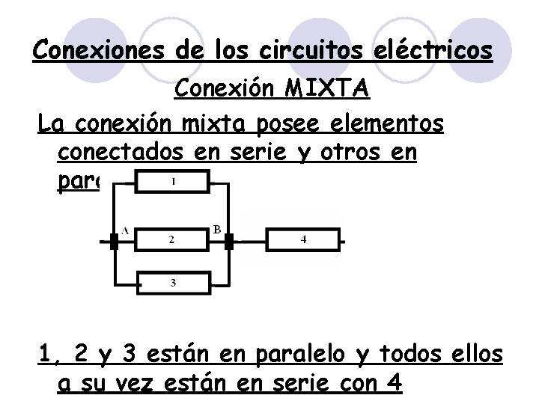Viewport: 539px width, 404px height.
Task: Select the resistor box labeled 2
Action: [x=171, y=239]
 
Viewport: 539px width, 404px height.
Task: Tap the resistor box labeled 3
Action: [x=172, y=282]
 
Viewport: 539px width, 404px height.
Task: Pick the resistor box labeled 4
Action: [x=302, y=239]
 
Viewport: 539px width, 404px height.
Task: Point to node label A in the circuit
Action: [x=124, y=230]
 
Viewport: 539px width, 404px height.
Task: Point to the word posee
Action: [x=299, y=123]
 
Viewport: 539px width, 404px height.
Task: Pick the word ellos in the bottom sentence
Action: [x=476, y=353]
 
